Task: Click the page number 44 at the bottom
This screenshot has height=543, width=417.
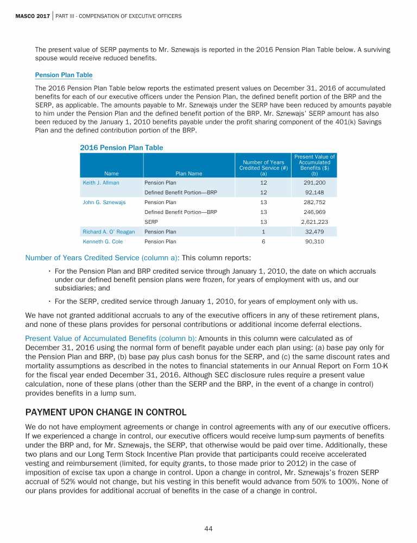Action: (208, 528)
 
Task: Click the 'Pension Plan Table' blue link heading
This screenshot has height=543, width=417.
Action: (64, 75)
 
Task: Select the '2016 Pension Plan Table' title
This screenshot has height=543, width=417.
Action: (121, 147)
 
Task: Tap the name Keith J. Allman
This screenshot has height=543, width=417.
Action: (101, 183)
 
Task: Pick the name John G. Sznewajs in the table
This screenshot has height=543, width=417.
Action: (104, 202)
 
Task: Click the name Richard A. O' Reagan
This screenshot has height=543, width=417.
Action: (108, 232)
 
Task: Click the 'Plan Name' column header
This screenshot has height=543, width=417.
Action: (189, 174)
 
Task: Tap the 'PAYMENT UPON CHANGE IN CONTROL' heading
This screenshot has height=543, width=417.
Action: (106, 412)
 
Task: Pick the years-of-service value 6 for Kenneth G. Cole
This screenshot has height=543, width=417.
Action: (263, 242)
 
